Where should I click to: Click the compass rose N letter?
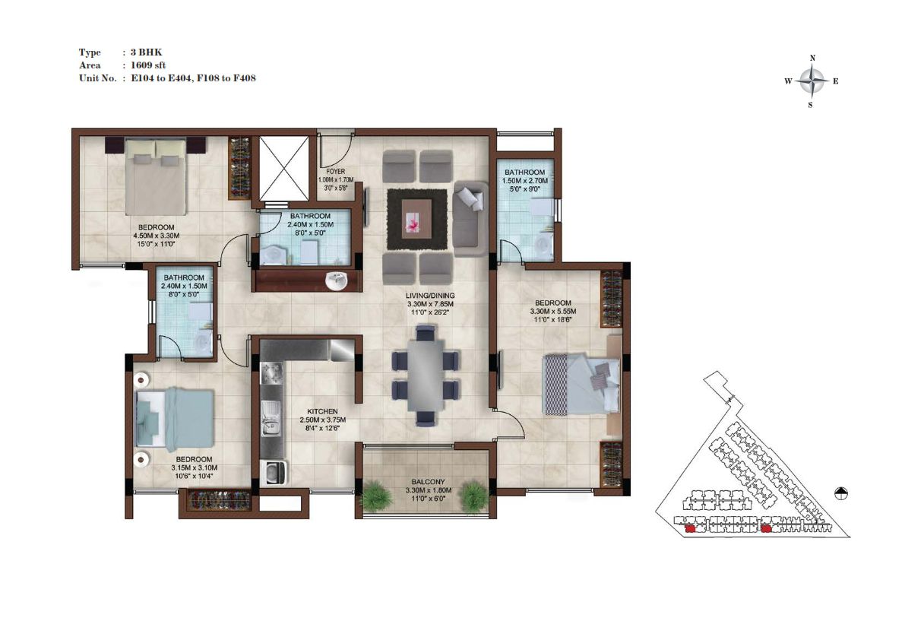812,58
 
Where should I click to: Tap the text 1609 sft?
147,65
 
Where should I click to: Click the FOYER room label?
335,171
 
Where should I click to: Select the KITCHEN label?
322,411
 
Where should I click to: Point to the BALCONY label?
429,482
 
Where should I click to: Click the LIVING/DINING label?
430,296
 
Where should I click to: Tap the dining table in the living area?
426,375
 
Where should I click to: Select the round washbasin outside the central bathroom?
336,281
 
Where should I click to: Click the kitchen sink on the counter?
270,418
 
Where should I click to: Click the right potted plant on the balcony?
475,496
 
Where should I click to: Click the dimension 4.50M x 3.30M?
157,236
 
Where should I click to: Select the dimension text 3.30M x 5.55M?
553,311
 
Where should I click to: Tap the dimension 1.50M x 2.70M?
524,181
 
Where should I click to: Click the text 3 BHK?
146,52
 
